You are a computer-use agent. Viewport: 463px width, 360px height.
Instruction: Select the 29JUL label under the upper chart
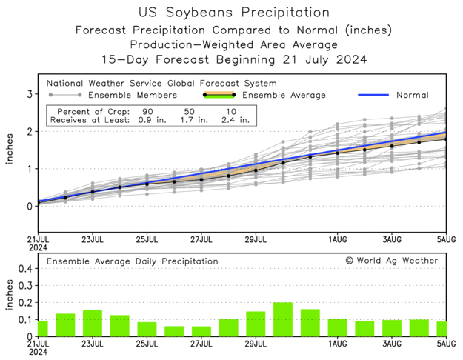point(256,240)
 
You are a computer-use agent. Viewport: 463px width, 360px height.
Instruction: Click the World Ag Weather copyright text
point(392,261)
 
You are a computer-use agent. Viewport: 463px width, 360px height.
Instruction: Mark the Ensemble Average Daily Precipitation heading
point(133,261)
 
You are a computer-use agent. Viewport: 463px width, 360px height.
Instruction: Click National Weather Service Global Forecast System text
point(161,84)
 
